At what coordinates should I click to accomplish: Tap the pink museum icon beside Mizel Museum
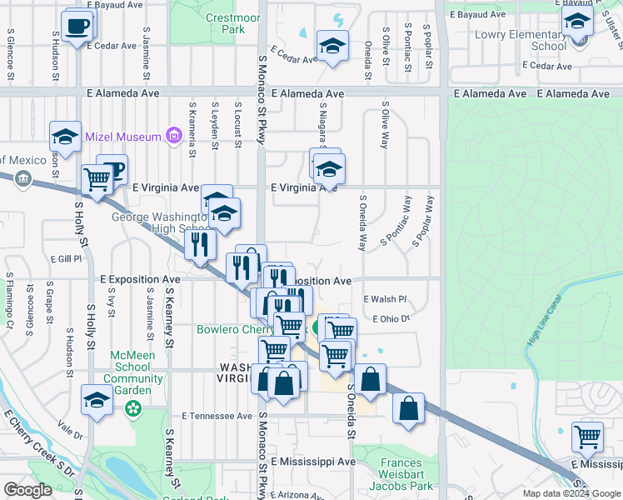174,134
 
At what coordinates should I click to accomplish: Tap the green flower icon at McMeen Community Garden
132,409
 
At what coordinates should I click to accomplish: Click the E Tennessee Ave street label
217,416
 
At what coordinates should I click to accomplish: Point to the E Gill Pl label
63,259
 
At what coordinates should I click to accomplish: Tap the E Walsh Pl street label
384,298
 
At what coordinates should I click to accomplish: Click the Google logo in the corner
27,490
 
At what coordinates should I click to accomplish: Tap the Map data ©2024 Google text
571,493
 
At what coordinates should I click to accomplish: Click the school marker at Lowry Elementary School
576,23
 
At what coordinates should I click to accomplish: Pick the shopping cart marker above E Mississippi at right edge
587,436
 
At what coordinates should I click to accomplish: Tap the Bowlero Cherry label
241,329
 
